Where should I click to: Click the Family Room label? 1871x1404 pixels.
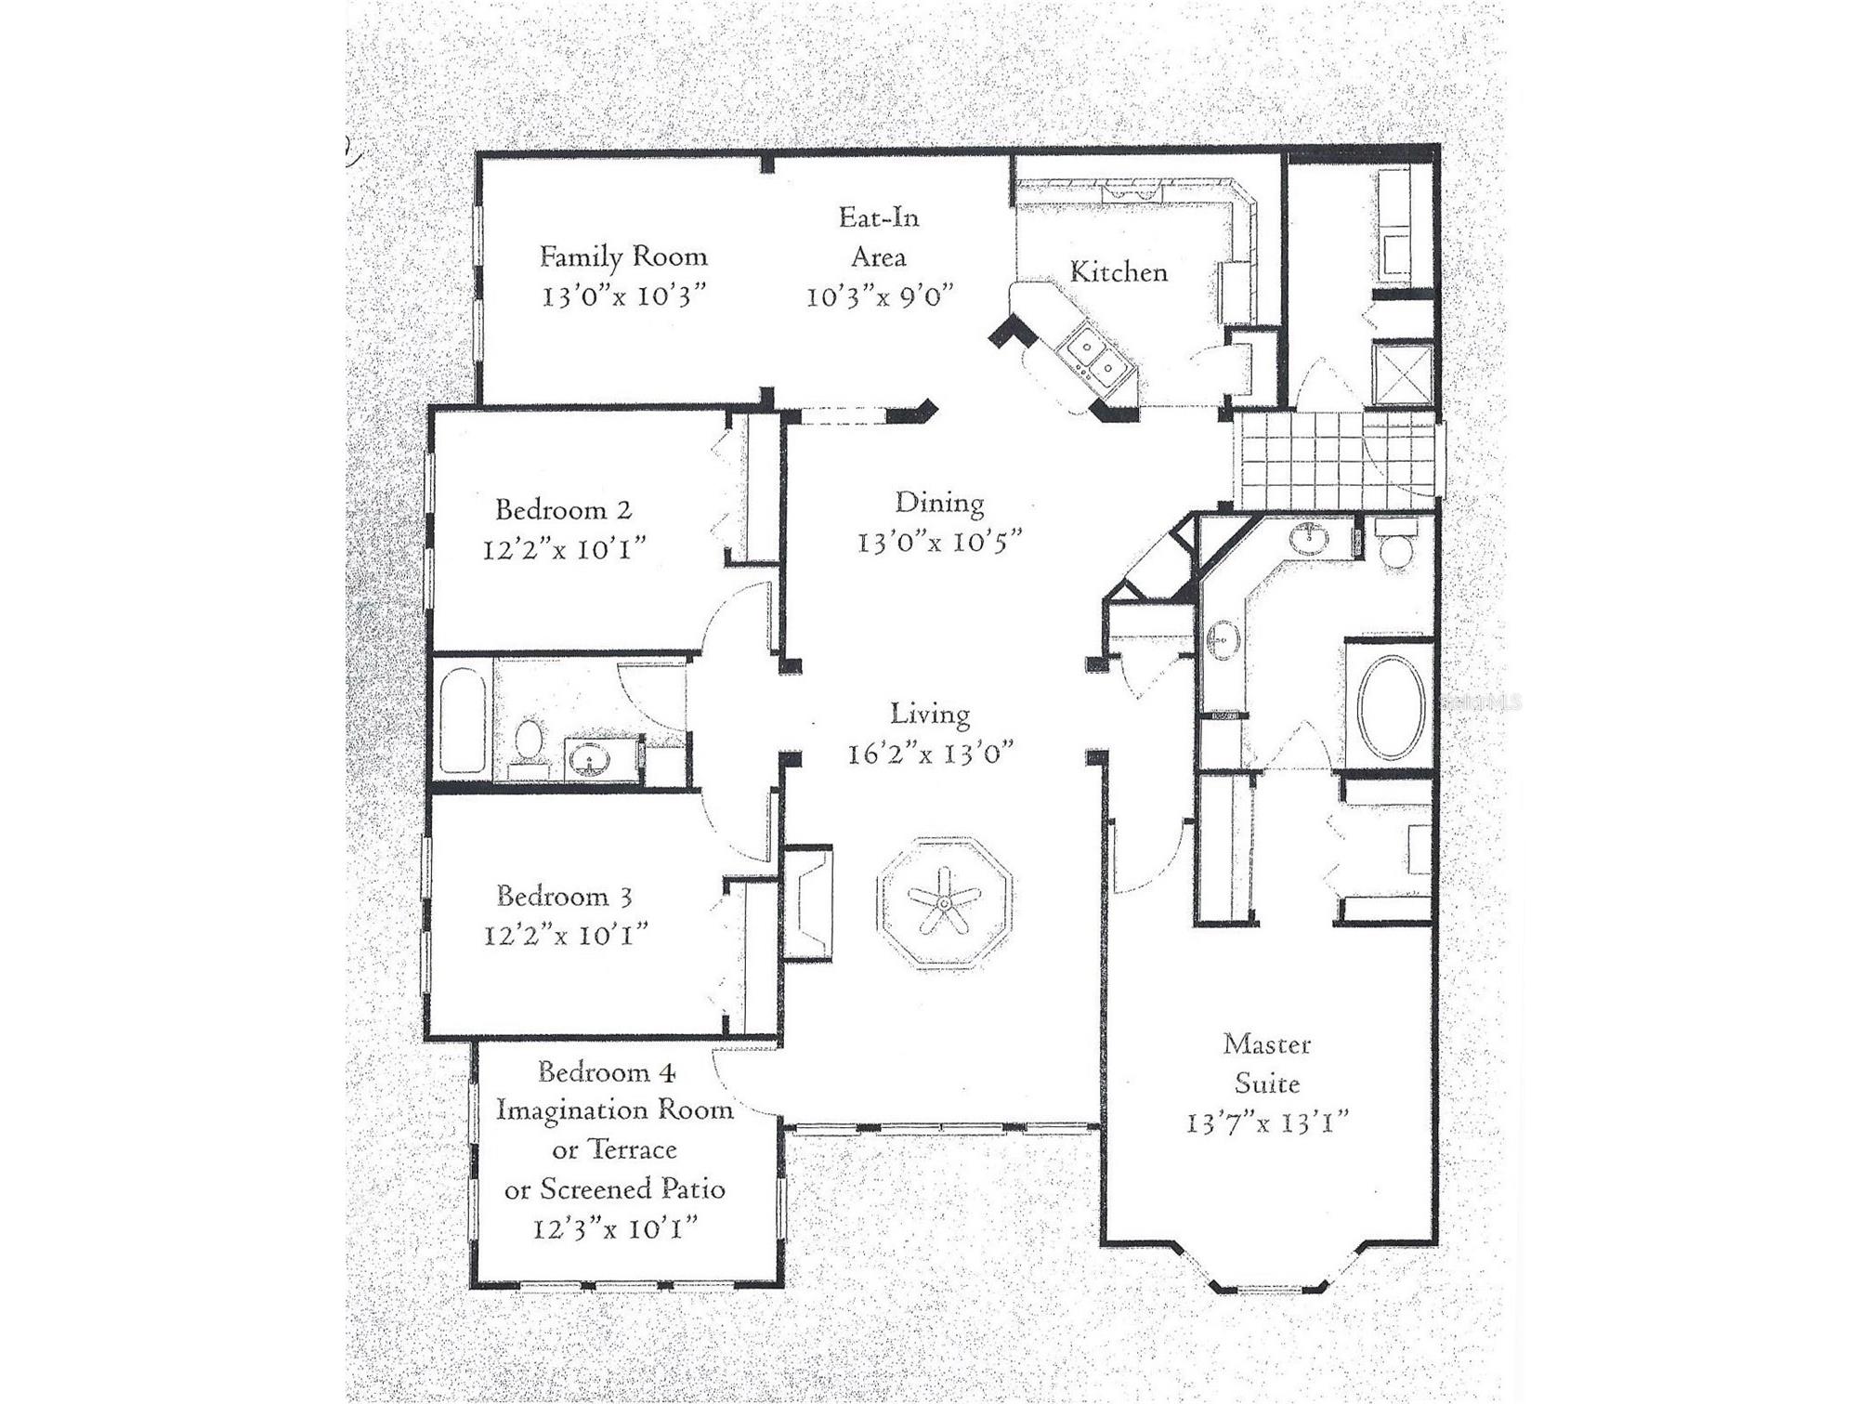pyautogui.click(x=623, y=256)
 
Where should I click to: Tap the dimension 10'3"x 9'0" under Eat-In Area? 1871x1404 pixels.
pyautogui.click(x=879, y=297)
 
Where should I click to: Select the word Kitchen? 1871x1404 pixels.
pyautogui.click(x=1119, y=272)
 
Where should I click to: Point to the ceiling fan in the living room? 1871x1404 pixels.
pyautogui.click(x=944, y=902)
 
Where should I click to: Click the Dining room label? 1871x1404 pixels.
pyautogui.click(x=939, y=503)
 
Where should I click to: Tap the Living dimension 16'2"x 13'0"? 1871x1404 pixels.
pyautogui.click(x=930, y=754)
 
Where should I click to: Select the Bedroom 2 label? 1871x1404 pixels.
pyautogui.click(x=563, y=510)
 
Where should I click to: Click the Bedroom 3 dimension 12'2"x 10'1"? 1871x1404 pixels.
pyautogui.click(x=565, y=935)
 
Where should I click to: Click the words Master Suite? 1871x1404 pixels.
pyautogui.click(x=1267, y=1064)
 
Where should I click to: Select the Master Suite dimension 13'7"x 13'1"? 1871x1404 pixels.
pyautogui.click(x=1267, y=1123)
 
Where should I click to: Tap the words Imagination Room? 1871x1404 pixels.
pyautogui.click(x=614, y=1110)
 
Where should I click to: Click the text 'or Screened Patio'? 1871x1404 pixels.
pyautogui.click(x=614, y=1189)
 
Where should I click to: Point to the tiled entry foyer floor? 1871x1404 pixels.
pyautogui.click(x=1301, y=460)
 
